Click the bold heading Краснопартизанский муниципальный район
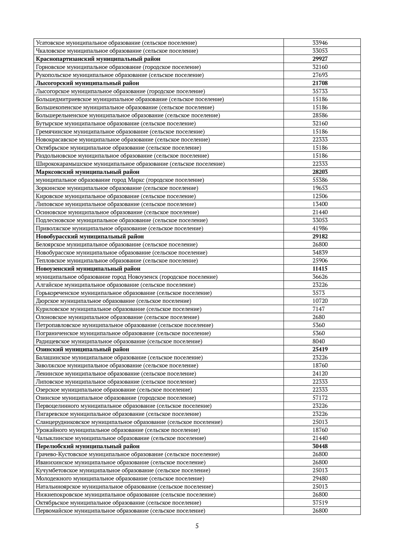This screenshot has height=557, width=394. pyautogui.click(x=98, y=59)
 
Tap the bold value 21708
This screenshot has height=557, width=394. pyautogui.click(x=320, y=83)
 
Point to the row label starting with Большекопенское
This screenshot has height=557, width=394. pyautogui.click(x=125, y=107)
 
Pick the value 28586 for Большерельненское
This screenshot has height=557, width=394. pyautogui.click(x=320, y=115)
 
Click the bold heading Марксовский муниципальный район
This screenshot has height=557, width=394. pyautogui.click(x=88, y=172)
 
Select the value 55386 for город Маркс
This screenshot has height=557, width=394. pyautogui.click(x=320, y=180)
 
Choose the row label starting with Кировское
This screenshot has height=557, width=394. pyautogui.click(x=116, y=196)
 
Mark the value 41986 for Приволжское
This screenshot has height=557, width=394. pyautogui.click(x=320, y=228)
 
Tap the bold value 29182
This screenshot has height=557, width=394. pyautogui.click(x=320, y=236)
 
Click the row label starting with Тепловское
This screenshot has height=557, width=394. pyautogui.click(x=117, y=261)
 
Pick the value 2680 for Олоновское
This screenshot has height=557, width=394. pyautogui.click(x=318, y=317)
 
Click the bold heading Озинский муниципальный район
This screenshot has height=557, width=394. pyautogui.click(x=82, y=349)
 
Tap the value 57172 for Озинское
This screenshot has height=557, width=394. pyautogui.click(x=320, y=398)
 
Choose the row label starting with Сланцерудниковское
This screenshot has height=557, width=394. pyautogui.click(x=129, y=422)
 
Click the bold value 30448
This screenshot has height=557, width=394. pyautogui.click(x=320, y=446)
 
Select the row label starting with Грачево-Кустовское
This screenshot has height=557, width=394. pyautogui.click(x=128, y=454)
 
